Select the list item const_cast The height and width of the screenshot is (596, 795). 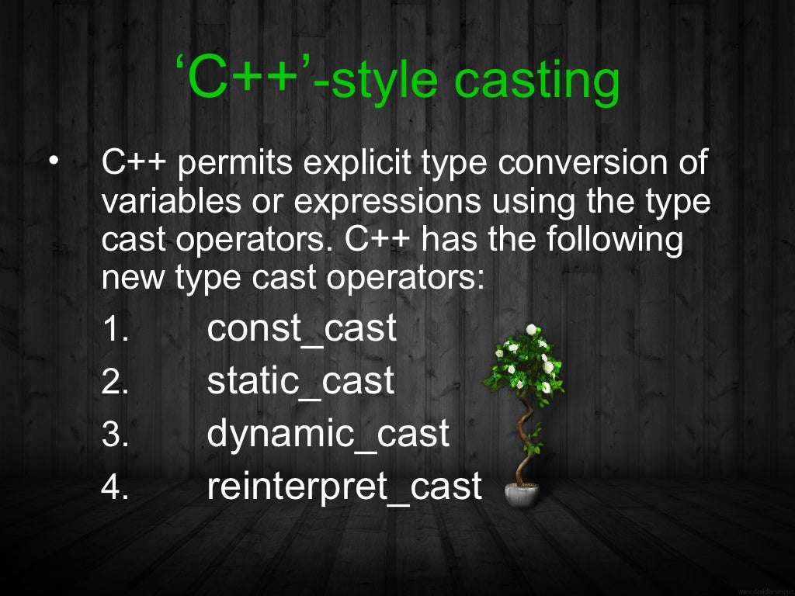point(301,329)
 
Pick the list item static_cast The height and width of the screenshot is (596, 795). point(300,382)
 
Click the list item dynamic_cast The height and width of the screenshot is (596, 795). point(328,434)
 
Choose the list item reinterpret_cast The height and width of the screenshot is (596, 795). point(344,487)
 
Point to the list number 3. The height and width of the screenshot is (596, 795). point(114,435)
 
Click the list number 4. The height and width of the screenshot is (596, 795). point(114,488)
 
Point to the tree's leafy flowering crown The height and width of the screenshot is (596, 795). point(526,361)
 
